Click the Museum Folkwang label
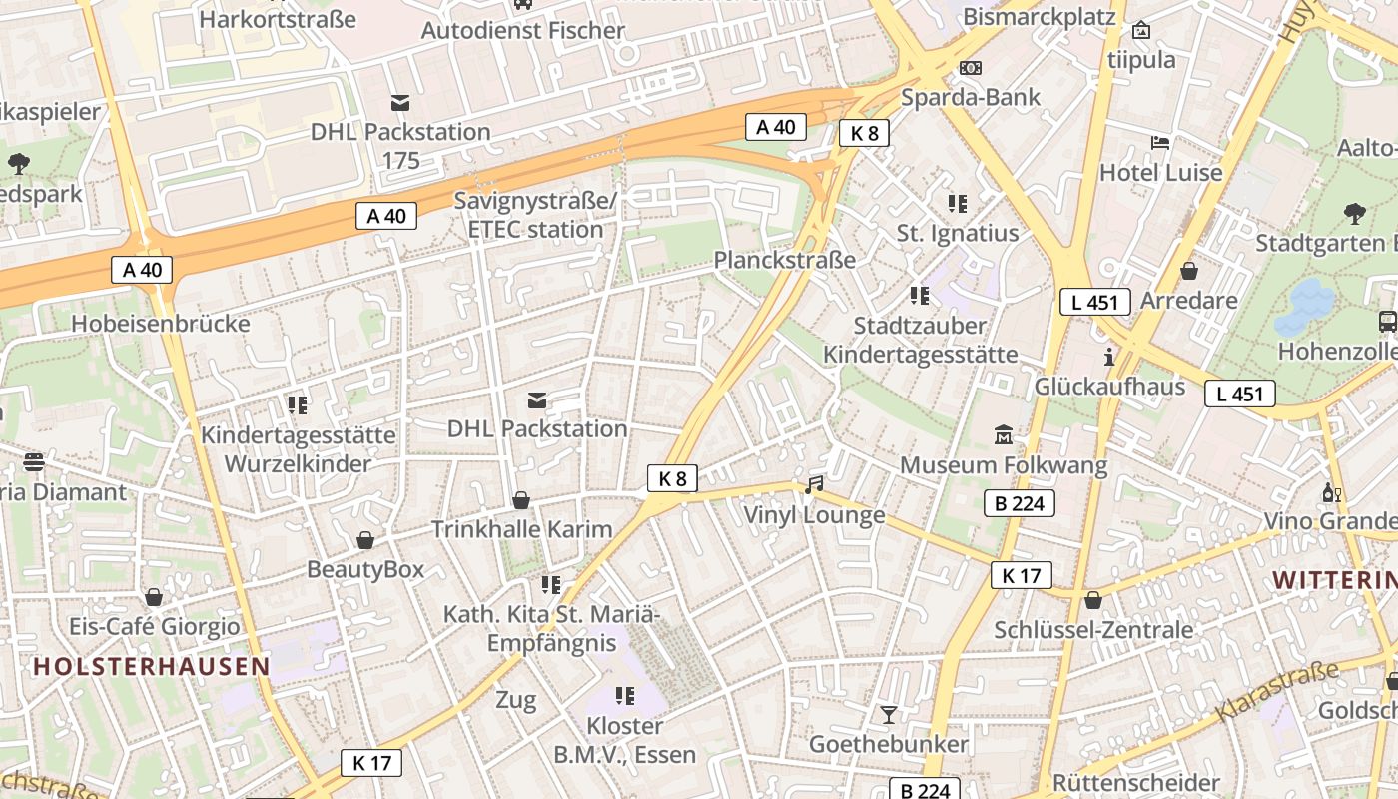click(1004, 465)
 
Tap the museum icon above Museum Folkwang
click(1004, 435)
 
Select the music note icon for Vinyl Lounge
click(814, 485)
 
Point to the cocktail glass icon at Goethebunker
click(888, 714)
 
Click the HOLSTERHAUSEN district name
click(152, 666)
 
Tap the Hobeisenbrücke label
click(161, 324)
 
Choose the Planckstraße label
click(784, 260)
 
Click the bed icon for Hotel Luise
click(1160, 142)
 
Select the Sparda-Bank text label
click(970, 97)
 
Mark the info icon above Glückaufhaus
click(1109, 357)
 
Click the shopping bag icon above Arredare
click(1188, 271)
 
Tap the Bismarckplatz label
click(1039, 17)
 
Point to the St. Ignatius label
click(957, 234)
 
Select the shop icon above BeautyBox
click(365, 540)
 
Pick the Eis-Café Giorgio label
click(154, 627)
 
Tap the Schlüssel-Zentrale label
click(1093, 630)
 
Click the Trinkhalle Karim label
click(521, 529)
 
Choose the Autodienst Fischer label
click(522, 30)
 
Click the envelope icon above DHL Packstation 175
click(400, 102)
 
